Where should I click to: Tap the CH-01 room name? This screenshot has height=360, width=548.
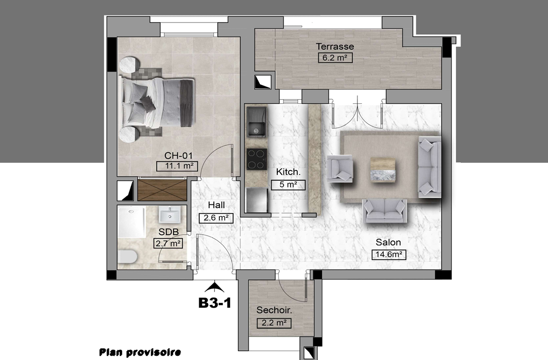(178, 156)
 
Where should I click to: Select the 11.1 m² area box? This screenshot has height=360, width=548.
(177, 166)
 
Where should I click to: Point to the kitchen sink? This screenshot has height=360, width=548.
(257, 122)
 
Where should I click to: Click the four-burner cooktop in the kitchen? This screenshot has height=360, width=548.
(257, 159)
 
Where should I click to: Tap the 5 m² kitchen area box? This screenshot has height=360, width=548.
(288, 185)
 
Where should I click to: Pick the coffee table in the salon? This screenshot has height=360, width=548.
(383, 170)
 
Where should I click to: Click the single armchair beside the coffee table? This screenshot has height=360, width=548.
(339, 169)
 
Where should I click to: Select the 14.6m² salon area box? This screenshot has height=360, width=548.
(389, 254)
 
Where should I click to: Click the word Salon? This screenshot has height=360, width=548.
(388, 242)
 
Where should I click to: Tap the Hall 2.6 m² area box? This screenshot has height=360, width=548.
(216, 218)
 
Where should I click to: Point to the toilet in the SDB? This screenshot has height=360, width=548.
(127, 257)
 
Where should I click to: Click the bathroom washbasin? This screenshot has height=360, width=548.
(170, 214)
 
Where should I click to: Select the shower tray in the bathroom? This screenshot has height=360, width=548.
(131, 222)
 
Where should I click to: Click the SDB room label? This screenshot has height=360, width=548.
(168, 232)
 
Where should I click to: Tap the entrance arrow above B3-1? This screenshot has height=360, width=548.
(214, 288)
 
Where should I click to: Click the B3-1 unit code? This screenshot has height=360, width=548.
(215, 302)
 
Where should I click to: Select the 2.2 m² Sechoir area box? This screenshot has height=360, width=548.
(274, 323)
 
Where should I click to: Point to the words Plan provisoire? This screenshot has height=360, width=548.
(140, 352)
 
